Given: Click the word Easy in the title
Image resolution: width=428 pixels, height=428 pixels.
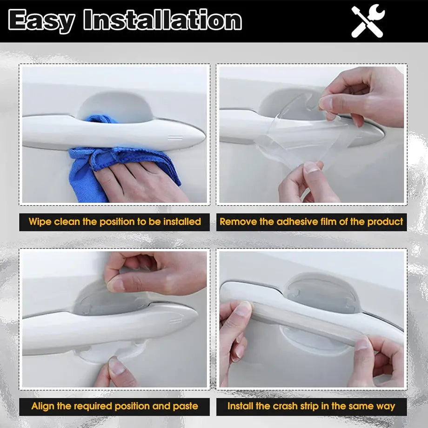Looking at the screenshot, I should [x=42, y=21].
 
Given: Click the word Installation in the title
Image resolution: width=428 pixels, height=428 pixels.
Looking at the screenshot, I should [x=163, y=21].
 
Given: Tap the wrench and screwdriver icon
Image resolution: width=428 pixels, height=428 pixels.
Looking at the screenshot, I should [x=368, y=21].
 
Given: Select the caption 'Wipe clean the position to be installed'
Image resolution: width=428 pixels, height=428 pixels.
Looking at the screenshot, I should [x=114, y=221].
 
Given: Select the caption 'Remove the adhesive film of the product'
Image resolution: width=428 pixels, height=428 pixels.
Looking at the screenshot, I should [x=311, y=221].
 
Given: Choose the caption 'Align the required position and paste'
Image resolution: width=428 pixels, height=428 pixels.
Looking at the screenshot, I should [x=114, y=406].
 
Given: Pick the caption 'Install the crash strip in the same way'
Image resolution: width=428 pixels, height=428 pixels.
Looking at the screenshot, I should [x=311, y=406].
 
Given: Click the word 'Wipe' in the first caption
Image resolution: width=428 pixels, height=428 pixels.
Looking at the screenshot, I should [x=40, y=221].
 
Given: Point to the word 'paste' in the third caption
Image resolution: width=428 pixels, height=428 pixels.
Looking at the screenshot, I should [x=185, y=406].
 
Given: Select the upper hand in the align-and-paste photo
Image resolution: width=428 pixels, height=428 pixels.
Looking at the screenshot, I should [x=158, y=274].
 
